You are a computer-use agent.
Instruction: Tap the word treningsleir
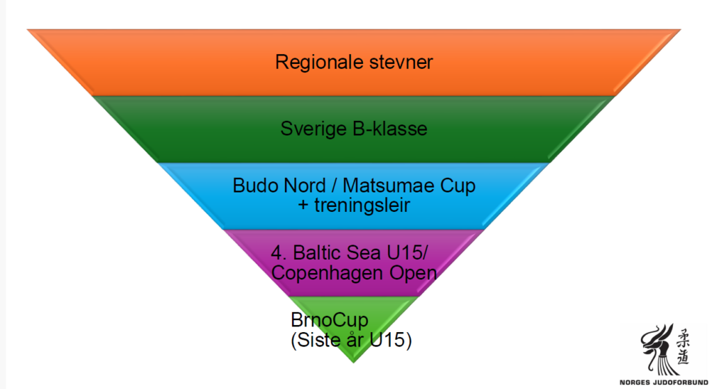tap(362, 206)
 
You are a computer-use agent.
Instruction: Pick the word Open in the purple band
tap(415, 273)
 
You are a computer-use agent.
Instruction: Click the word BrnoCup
tap(321, 322)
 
